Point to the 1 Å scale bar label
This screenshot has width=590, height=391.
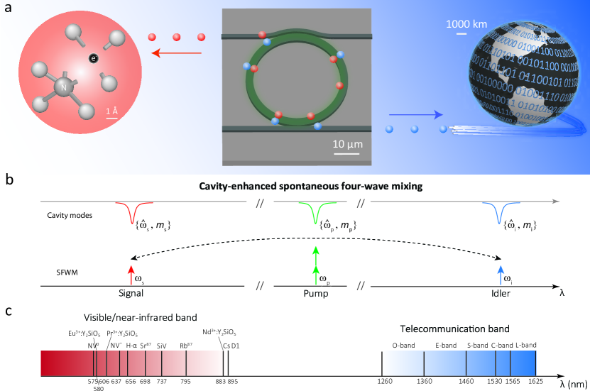(x=111, y=111)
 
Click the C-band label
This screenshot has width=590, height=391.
(x=503, y=346)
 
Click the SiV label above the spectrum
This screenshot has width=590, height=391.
(x=162, y=346)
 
